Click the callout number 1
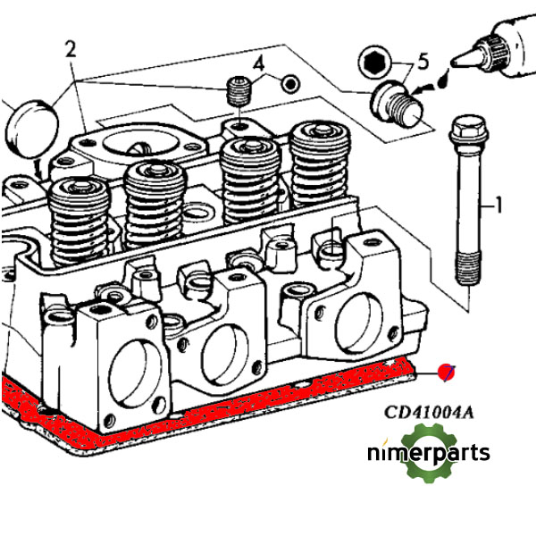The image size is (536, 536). (499, 206)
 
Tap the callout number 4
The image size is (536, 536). (258, 63)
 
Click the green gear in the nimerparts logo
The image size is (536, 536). (427, 452)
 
